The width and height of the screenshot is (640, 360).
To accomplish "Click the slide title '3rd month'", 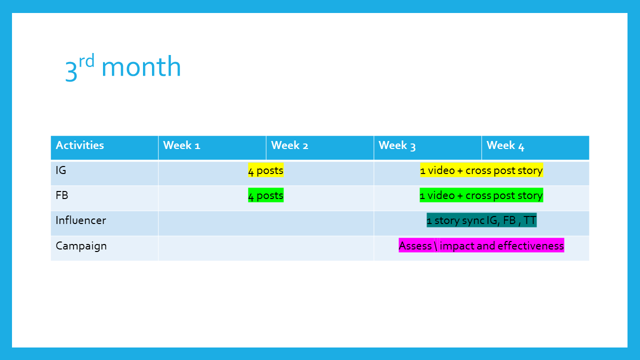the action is [x=123, y=67].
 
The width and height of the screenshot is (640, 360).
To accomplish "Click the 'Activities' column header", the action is [x=79, y=145].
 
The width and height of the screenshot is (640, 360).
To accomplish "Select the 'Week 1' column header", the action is [x=181, y=145].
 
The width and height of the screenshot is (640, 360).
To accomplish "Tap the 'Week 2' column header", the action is [x=289, y=145].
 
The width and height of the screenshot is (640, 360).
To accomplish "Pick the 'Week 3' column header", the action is [x=397, y=145].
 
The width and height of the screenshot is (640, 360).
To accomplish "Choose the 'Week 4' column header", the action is [x=505, y=145].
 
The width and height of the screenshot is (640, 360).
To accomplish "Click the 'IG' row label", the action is [x=61, y=170].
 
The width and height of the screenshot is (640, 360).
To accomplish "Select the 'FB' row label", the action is [x=62, y=195].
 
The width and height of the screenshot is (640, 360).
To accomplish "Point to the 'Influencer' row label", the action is [x=81, y=220].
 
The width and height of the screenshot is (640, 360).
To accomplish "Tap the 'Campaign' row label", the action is [x=81, y=246].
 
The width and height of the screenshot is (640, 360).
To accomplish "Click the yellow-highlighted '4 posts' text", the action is [x=265, y=170].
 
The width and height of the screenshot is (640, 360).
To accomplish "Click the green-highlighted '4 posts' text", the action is [x=265, y=195].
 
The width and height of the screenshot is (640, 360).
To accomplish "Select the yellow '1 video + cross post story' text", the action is [x=481, y=170].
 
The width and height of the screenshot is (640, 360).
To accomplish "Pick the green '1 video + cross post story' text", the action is [x=481, y=195].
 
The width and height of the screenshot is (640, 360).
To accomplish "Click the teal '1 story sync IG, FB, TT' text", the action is [x=481, y=220].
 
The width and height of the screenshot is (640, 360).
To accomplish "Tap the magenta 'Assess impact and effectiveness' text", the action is [x=481, y=245].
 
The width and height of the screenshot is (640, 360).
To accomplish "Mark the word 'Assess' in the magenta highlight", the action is [x=415, y=245].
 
